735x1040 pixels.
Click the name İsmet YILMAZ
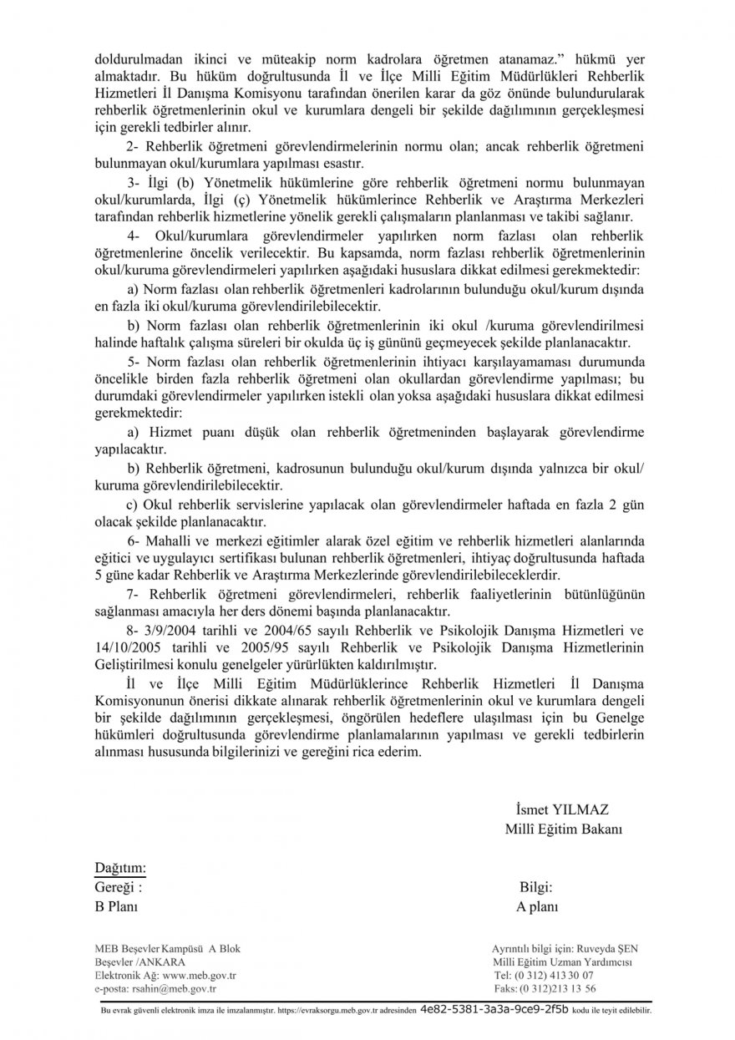click(x=562, y=809)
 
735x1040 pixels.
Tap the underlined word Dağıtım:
click(x=120, y=868)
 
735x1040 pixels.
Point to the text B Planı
click(x=116, y=906)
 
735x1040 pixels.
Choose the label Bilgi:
click(x=535, y=887)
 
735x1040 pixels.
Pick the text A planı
click(x=538, y=906)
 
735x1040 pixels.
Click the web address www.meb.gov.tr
click(x=200, y=976)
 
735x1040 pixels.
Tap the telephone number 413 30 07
click(x=574, y=976)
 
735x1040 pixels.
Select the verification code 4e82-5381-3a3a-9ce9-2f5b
click(x=494, y=1009)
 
